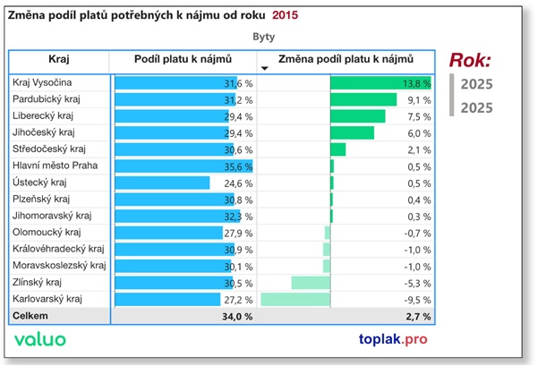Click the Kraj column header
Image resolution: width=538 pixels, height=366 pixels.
pyautogui.click(x=58, y=60)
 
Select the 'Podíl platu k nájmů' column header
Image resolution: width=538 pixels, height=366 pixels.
pyautogui.click(x=183, y=60)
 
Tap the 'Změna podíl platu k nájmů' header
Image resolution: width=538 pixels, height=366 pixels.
pyautogui.click(x=346, y=60)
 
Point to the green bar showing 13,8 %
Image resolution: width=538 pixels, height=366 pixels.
pyautogui.click(x=380, y=82)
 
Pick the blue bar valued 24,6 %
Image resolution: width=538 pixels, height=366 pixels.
pyautogui.click(x=162, y=183)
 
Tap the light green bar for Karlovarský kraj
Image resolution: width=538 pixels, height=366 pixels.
pyautogui.click(x=295, y=299)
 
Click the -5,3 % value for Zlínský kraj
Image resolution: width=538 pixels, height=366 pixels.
pyautogui.click(x=419, y=283)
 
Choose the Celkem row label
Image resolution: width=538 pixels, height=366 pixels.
pyautogui.click(x=30, y=316)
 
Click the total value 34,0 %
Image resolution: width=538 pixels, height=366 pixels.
pyautogui.click(x=236, y=316)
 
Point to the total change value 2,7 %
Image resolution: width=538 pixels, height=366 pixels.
pyautogui.click(x=418, y=316)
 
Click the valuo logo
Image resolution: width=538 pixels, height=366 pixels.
pyautogui.click(x=39, y=340)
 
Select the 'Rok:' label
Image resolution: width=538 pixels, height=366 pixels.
pyautogui.click(x=469, y=61)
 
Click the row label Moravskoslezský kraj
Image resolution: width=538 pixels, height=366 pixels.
pyautogui.click(x=59, y=266)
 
